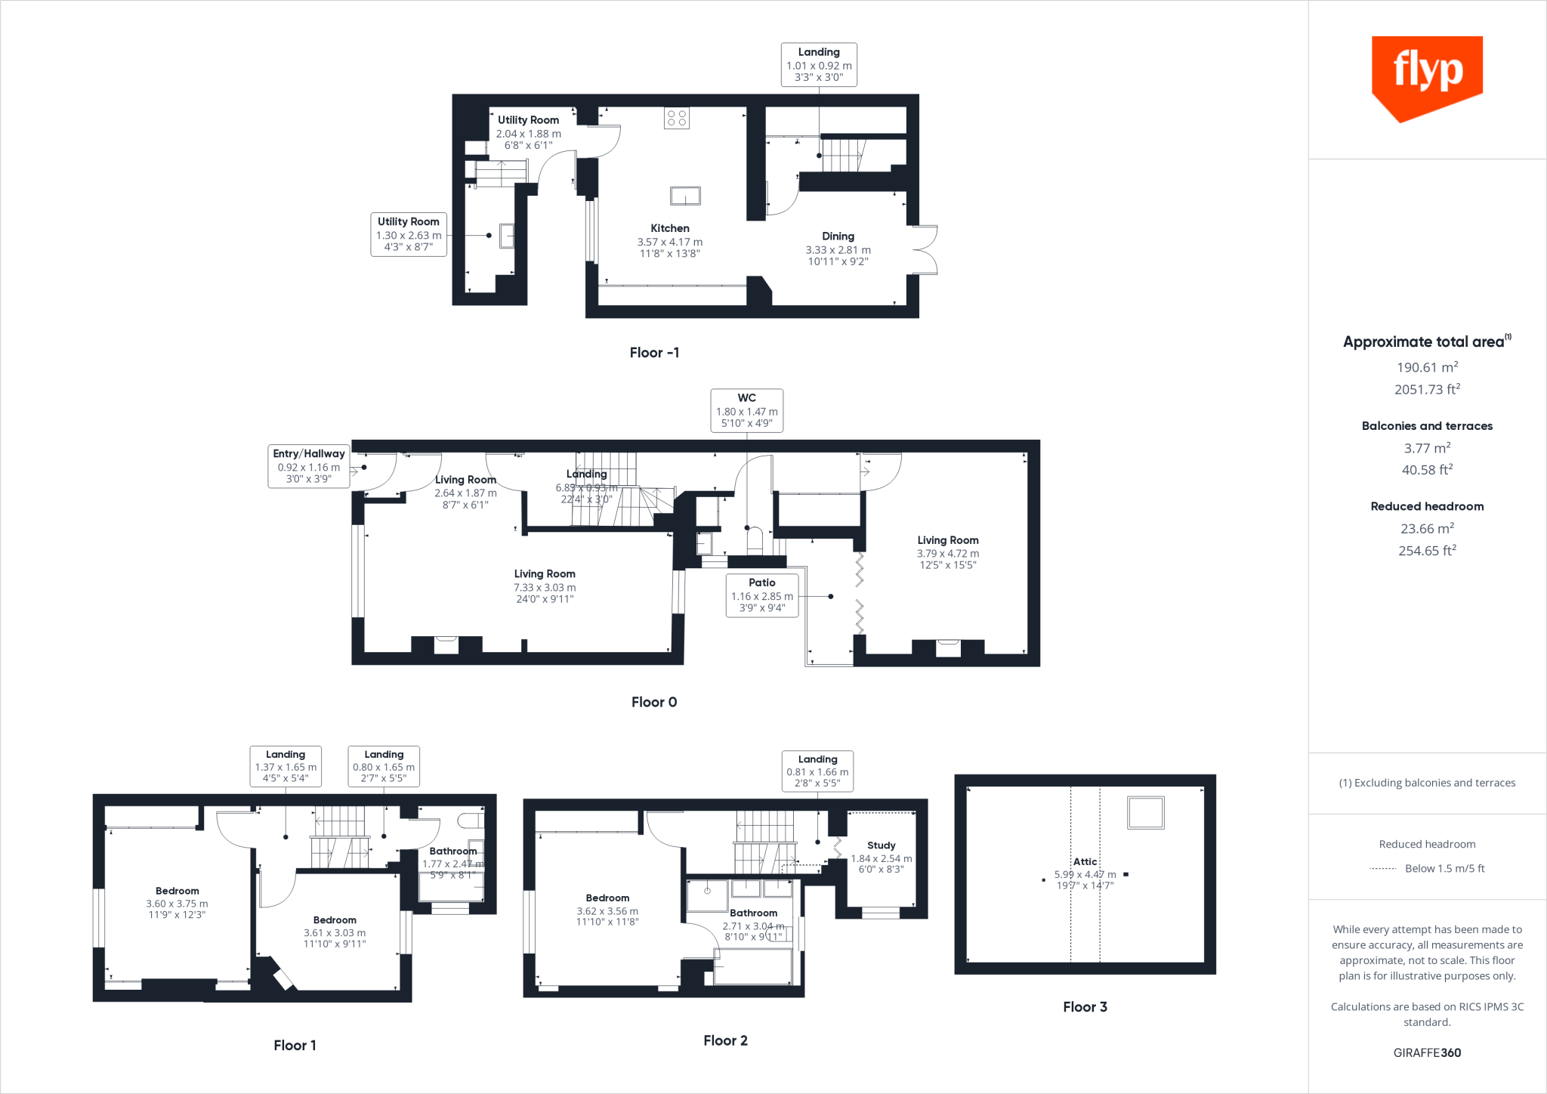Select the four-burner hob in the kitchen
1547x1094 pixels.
[x=677, y=118]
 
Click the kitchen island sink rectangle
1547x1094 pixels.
[x=685, y=196]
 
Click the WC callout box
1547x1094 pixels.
[x=746, y=410]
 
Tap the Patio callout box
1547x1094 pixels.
[x=761, y=595]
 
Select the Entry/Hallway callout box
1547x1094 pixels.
[x=308, y=466]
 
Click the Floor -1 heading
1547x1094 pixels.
[x=654, y=353]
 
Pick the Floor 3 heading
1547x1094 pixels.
[x=1085, y=1007]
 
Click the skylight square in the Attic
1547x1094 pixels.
[x=1146, y=813]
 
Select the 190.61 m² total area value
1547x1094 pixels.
[x=1427, y=367]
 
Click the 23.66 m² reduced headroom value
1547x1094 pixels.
[x=1427, y=529]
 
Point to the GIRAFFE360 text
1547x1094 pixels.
[x=1427, y=1052]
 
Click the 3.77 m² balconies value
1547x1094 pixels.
[x=1427, y=448]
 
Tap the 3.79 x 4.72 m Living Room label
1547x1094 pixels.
[x=947, y=553]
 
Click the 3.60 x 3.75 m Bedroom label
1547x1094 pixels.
[x=177, y=903]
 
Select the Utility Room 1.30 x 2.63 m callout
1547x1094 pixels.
[x=409, y=234]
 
